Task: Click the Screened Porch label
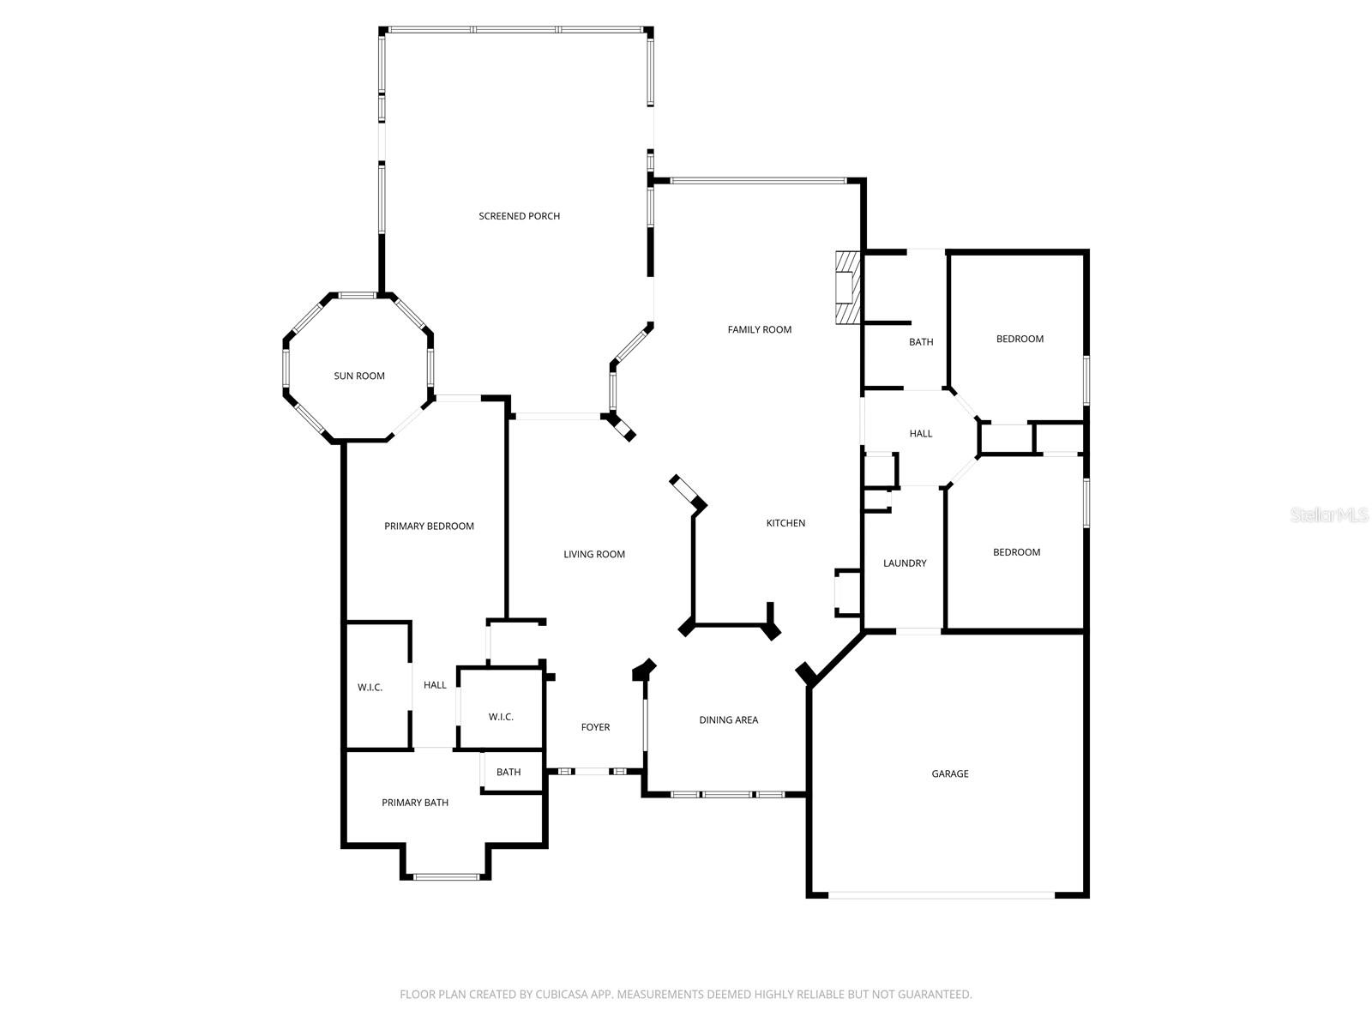(519, 216)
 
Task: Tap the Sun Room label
(358, 376)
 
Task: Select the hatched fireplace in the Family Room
(847, 287)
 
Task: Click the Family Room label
(759, 329)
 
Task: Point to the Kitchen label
(785, 523)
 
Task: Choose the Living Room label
(593, 554)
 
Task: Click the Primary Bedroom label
(429, 527)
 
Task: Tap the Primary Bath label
(415, 803)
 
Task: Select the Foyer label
(595, 727)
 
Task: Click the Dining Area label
(728, 720)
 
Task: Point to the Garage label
(950, 773)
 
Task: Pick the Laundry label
(905, 563)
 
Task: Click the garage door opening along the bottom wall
(941, 894)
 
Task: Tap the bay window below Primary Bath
(446, 876)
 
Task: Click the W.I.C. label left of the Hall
(370, 688)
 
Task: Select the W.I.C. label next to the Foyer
(501, 717)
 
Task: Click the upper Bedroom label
(1020, 339)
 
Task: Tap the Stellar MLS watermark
(1329, 515)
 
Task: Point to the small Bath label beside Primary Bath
(508, 772)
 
